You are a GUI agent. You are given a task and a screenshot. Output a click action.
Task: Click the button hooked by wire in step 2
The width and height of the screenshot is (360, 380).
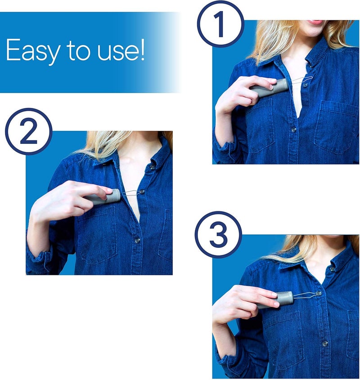tap(142, 192)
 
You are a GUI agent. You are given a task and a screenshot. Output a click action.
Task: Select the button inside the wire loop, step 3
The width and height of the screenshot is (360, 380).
tap(319, 293)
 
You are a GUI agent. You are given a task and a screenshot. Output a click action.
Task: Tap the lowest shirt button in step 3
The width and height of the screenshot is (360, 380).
tap(324, 343)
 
